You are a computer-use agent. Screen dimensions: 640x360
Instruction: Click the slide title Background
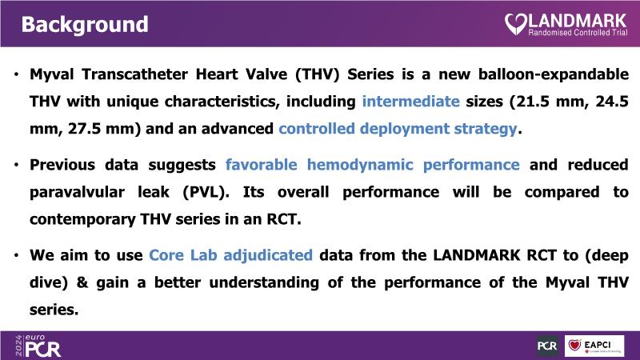85,25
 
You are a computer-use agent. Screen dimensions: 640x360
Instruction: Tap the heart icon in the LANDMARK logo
516,24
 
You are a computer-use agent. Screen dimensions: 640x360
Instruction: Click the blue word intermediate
410,102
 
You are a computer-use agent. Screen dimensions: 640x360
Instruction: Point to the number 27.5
85,129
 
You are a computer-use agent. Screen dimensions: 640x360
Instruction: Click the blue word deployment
405,129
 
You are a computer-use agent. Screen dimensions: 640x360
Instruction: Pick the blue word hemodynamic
360,165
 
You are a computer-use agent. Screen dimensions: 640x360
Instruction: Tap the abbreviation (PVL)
206,192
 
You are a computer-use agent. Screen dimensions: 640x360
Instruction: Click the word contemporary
82,220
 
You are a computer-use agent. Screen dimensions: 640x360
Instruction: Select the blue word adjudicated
268,255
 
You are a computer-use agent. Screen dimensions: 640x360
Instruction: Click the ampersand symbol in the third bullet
82,283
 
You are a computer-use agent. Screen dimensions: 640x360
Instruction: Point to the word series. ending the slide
54,310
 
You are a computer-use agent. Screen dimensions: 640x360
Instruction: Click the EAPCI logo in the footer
594,346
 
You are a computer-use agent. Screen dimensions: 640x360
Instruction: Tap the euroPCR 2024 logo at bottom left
38,346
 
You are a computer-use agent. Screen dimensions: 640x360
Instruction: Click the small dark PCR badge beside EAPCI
547,346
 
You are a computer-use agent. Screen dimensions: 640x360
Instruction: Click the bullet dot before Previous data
16,166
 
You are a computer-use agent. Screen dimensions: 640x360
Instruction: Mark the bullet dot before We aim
16,256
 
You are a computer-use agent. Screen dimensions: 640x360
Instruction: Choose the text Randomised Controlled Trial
578,33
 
